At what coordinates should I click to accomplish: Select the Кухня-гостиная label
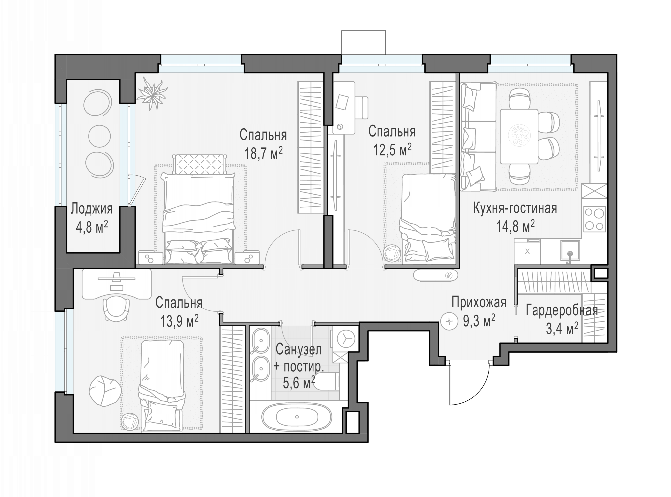point(515,208)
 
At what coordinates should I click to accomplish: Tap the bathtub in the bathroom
point(297,417)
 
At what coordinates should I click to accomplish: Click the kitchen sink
point(570,250)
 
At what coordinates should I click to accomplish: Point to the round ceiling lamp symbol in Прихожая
point(449,321)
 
